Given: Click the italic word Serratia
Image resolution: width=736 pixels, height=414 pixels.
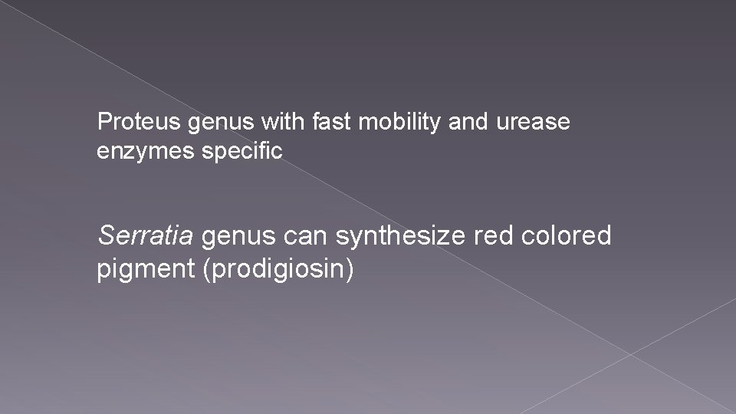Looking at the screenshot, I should click(x=146, y=237).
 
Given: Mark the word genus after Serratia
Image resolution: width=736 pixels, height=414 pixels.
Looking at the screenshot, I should click(x=239, y=237).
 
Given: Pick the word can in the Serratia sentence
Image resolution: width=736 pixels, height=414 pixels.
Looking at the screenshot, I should click(x=307, y=237).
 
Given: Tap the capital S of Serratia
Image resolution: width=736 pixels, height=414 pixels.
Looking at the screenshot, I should click(x=105, y=237).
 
